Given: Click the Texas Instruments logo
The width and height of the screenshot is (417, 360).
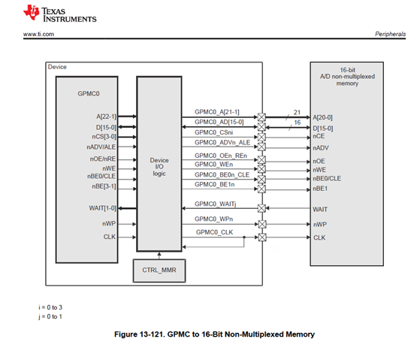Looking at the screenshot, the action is click(x=60, y=13).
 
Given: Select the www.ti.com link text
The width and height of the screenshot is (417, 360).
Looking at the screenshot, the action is click(x=38, y=34).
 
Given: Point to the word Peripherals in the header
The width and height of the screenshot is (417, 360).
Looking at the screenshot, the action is click(x=390, y=34).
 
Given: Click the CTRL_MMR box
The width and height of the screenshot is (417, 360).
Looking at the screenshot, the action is click(x=159, y=271).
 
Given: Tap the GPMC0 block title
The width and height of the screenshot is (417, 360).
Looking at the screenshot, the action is click(x=89, y=94).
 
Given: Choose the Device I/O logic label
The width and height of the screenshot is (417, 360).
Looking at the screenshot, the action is click(x=159, y=167).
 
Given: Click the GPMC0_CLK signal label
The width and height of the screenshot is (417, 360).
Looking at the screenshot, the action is click(x=214, y=232).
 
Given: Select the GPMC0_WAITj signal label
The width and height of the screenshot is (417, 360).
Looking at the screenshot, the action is click(x=216, y=204).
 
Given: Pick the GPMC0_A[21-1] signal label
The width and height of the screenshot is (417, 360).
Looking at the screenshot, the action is click(x=216, y=112).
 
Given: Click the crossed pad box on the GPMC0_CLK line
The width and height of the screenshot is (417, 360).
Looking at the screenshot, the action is click(x=262, y=237).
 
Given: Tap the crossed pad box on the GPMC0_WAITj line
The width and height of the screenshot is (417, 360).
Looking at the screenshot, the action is click(x=261, y=208).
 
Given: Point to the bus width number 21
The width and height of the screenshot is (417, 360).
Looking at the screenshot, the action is click(x=297, y=112).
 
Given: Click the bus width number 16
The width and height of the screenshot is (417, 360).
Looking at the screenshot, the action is click(x=298, y=123).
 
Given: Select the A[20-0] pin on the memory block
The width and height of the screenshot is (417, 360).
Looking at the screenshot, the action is click(x=322, y=117).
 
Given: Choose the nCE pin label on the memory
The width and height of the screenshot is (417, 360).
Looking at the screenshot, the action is click(x=319, y=136).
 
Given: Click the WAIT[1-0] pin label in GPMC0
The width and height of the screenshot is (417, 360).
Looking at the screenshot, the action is click(x=103, y=208).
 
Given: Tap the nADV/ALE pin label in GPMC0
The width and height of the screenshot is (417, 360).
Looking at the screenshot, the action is click(x=101, y=147).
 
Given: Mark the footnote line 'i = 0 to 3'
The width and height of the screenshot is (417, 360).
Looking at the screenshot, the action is click(x=50, y=307).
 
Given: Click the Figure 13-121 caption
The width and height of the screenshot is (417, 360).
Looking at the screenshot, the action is click(x=214, y=334).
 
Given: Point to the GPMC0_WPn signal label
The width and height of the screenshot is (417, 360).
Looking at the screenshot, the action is click(x=214, y=219).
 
